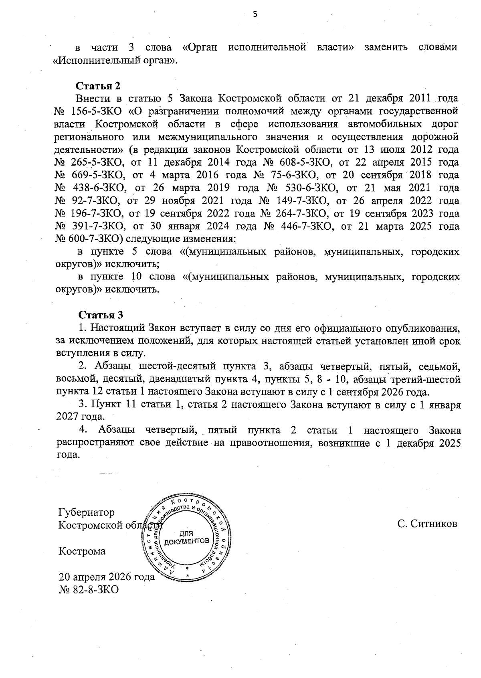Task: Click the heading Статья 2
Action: point(98,86)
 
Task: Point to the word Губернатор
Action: point(86,512)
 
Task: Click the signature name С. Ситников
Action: point(427,524)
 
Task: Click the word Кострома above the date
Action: point(82,551)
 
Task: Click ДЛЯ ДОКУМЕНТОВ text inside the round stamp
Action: point(186,537)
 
